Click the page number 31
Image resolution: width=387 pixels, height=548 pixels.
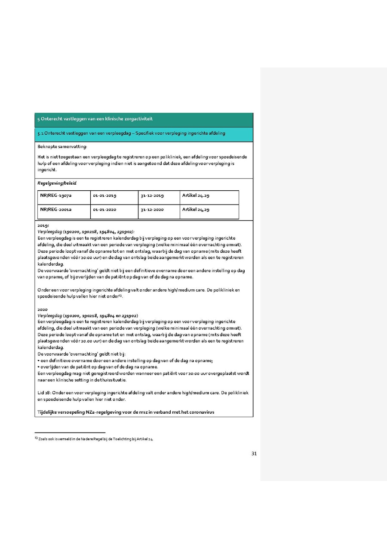(254, 453)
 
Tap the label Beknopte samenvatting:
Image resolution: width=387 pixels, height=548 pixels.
(62, 147)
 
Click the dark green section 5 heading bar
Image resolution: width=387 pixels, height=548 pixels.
(144, 119)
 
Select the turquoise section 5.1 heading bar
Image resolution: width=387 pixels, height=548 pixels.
(144, 134)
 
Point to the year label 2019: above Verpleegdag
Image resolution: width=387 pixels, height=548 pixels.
(43, 226)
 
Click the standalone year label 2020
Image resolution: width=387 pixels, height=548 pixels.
(43, 310)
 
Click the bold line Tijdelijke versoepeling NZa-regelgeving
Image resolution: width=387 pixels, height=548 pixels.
(126, 412)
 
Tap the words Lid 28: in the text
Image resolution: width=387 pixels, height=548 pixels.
(44, 393)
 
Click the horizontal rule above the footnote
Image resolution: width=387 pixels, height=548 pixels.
(70, 433)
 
